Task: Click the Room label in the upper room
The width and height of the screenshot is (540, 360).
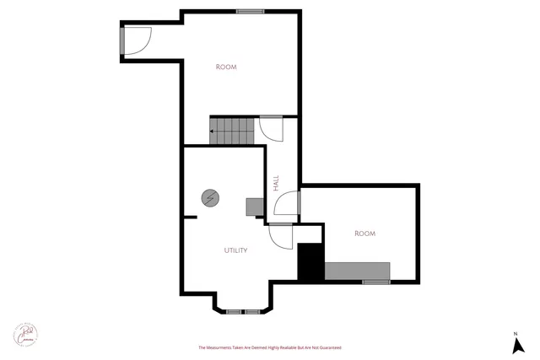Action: click(225, 67)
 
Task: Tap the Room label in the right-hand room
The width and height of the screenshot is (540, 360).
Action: click(364, 233)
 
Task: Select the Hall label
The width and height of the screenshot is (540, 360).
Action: click(276, 183)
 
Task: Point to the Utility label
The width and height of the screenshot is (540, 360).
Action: click(235, 250)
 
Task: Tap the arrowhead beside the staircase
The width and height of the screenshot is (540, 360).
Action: click(213, 132)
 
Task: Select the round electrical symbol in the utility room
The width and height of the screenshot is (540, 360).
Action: click(209, 198)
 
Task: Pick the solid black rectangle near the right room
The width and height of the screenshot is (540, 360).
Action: click(310, 262)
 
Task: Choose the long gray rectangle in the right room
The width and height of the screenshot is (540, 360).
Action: click(357, 271)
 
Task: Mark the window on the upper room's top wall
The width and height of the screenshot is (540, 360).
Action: click(248, 11)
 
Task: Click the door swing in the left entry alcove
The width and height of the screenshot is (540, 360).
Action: click(138, 40)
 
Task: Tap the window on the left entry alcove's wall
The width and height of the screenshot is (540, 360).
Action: click(122, 40)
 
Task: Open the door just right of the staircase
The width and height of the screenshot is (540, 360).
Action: click(272, 128)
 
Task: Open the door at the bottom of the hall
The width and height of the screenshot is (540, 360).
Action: click(280, 236)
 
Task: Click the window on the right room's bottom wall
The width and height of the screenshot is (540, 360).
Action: click(376, 282)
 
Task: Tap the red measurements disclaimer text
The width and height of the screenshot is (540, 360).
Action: click(269, 347)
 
